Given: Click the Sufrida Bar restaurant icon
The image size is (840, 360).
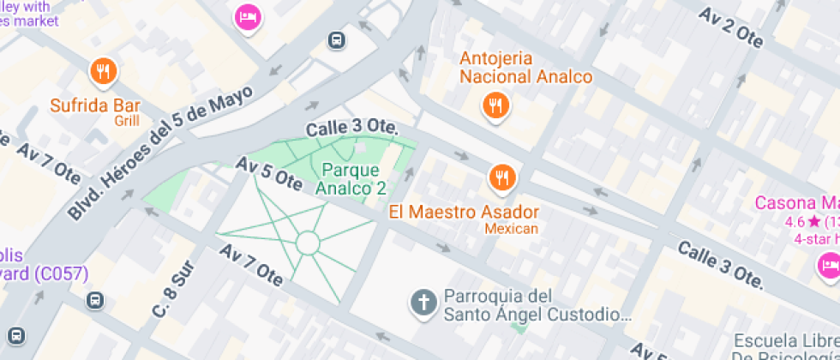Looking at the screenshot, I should [104, 71].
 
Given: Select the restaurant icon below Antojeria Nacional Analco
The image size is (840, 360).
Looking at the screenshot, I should [495, 106].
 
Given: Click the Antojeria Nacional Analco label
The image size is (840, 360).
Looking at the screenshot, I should [525, 68].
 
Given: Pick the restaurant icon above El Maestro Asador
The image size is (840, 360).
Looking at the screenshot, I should [501, 177].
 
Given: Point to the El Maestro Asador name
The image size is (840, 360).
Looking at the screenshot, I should [464, 211].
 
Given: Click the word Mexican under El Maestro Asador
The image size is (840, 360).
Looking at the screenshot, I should [511, 229].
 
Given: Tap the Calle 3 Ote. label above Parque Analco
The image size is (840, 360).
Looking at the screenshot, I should [352, 128].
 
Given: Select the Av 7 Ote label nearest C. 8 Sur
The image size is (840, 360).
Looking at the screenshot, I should [250, 264].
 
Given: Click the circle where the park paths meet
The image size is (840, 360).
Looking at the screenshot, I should [308, 243].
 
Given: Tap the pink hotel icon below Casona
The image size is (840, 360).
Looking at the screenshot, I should [829, 266].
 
